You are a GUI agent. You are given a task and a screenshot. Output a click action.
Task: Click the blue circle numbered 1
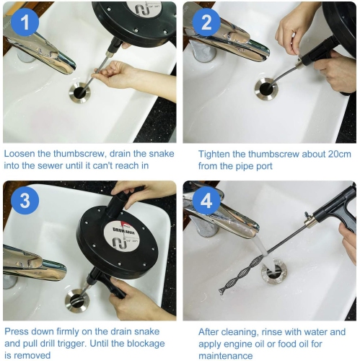(x=25, y=23)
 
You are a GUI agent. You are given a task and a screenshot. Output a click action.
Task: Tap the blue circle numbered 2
(x=205, y=23)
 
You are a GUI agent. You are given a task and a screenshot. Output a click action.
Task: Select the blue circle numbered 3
(x=25, y=201)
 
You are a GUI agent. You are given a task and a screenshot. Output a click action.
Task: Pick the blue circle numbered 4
(x=205, y=201)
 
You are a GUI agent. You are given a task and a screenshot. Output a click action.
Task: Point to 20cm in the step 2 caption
(x=329, y=154)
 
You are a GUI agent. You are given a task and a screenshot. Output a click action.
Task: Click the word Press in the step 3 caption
(x=18, y=331)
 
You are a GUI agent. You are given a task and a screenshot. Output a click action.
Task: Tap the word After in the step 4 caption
(x=211, y=331)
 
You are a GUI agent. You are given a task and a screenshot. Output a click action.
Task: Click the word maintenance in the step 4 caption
(x=226, y=355)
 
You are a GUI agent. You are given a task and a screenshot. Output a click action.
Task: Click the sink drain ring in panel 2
(x=266, y=89)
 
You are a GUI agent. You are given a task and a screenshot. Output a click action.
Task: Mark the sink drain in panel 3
(x=76, y=299)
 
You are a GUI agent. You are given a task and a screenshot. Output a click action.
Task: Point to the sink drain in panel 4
(x=273, y=273)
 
